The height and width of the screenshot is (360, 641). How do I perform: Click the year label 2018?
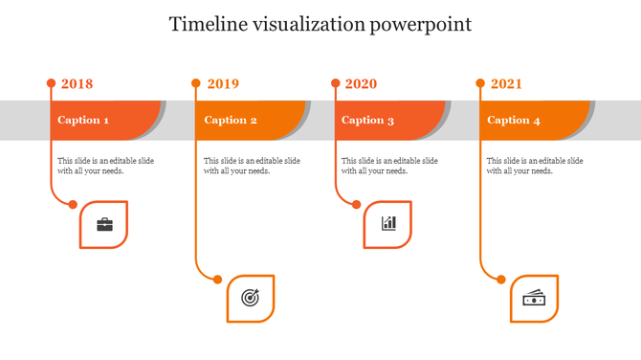(77, 84)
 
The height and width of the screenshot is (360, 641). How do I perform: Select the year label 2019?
(223, 84)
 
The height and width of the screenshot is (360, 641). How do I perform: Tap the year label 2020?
(361, 84)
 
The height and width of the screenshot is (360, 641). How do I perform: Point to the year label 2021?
(506, 84)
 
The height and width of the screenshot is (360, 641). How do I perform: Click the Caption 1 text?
(83, 121)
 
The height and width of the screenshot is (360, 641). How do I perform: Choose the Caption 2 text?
(231, 121)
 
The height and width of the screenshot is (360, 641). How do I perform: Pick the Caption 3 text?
(368, 121)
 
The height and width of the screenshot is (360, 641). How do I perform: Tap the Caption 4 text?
(514, 121)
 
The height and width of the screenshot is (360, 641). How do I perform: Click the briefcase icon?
(104, 225)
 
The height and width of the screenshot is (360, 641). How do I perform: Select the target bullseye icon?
(250, 298)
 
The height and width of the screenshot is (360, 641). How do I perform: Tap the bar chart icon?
(388, 224)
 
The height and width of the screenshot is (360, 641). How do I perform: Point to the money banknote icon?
(534, 299)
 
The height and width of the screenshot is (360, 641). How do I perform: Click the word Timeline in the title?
(205, 24)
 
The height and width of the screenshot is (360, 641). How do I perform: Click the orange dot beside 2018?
(51, 83)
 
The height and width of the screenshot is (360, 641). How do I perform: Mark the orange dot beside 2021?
(480, 83)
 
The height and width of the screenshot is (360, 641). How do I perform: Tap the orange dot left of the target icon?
(218, 280)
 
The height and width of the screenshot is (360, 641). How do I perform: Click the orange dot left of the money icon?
(500, 280)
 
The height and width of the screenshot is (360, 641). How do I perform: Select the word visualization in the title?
(307, 24)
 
